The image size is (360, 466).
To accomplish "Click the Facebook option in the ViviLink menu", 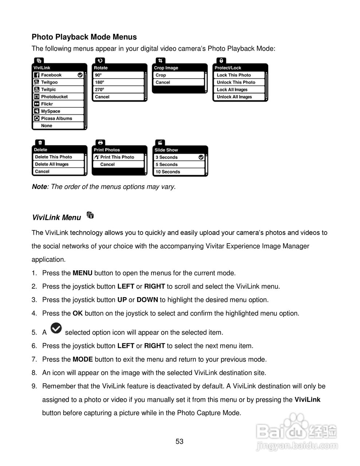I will (51, 75).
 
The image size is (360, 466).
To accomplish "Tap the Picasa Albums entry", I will (56, 119).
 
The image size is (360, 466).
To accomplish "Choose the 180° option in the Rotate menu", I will (99, 82).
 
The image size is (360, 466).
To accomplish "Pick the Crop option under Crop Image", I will (161, 75).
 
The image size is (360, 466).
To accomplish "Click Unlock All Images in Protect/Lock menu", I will (234, 97).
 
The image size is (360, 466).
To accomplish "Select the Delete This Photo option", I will (54, 157).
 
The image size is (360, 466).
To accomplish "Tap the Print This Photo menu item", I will (117, 157).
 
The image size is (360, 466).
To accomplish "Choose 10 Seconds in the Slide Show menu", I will (168, 172).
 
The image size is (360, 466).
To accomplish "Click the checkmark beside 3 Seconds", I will (201, 157).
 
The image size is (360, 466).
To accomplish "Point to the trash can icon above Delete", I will (40, 142).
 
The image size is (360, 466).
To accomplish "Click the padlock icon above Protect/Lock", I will (221, 60).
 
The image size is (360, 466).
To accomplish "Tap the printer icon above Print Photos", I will (100, 142).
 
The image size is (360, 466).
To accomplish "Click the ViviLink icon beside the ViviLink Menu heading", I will (91, 216).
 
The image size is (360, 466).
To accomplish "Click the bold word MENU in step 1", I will (83, 273).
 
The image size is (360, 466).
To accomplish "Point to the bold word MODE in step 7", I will (83, 359).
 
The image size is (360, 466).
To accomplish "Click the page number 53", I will (179, 442).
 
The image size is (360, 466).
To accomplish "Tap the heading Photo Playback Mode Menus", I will (84, 37).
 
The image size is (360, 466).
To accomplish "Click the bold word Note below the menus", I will (39, 187).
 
